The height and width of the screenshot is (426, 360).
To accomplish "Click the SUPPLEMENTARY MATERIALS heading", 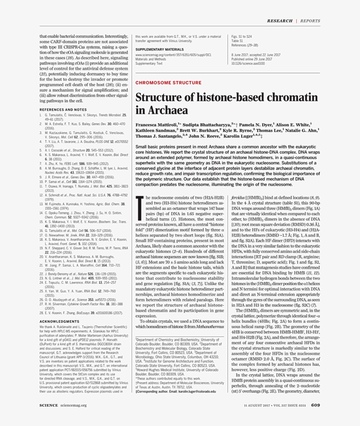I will click(x=160, y=50).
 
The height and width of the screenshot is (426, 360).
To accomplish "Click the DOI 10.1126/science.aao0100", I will click(x=248, y=63).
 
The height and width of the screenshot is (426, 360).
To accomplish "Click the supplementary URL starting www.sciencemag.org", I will click(x=173, y=55).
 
